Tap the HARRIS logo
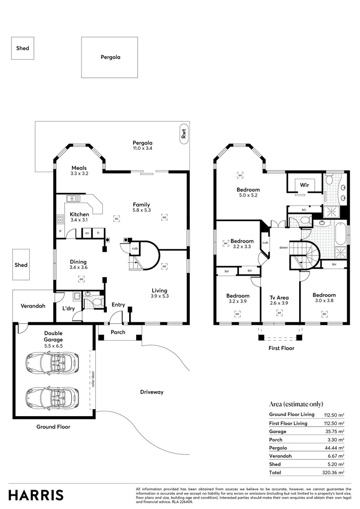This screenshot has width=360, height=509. [x=36, y=495]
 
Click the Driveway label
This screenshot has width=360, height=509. [x=152, y=392]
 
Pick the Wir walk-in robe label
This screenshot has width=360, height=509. [x=304, y=185]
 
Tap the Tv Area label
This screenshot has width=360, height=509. [x=279, y=298]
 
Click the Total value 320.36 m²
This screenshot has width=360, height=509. [x=334, y=472]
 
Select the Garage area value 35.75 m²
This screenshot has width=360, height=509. [x=334, y=431]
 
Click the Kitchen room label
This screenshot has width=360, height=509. [x=79, y=214]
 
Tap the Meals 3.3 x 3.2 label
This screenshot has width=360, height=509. [x=79, y=171]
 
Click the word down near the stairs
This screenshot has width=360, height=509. [x=284, y=247]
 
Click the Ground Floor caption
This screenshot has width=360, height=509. [x=53, y=427]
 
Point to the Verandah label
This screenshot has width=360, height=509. [x=33, y=306]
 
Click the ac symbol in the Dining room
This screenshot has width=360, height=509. [x=81, y=279]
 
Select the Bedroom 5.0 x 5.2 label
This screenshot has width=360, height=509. [x=248, y=193]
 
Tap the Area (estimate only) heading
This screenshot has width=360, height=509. [x=296, y=404]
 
